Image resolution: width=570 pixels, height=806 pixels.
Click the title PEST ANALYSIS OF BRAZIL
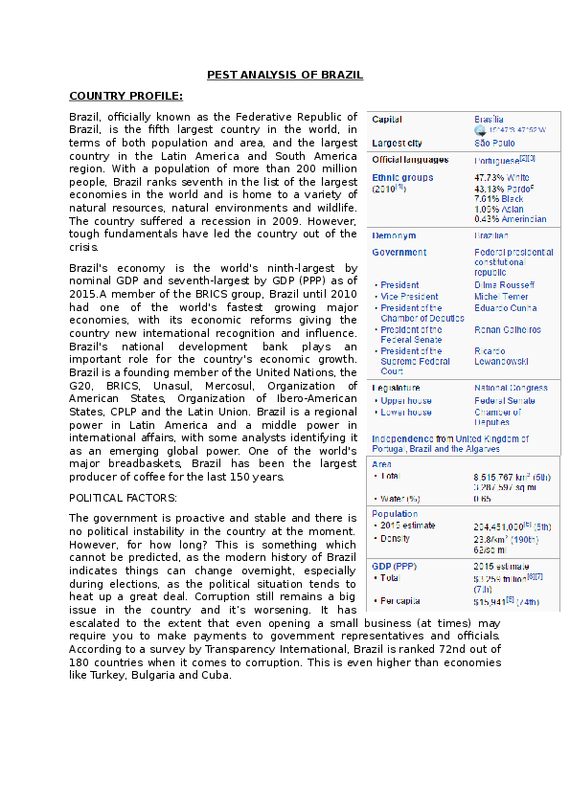coord(285,74)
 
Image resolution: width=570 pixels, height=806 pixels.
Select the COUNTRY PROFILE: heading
coord(125,96)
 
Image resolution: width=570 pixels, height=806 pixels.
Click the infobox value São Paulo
coord(496,144)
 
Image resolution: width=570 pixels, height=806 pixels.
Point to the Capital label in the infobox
coord(386,120)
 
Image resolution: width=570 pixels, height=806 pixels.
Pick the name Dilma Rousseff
coord(504,285)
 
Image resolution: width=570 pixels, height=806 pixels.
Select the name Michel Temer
coord(500,297)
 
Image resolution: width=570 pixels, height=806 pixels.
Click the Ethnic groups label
coord(402,177)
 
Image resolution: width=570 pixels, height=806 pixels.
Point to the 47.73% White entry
coord(502,178)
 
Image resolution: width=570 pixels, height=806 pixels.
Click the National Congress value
coord(511,388)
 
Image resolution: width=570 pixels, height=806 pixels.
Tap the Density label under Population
coord(397,538)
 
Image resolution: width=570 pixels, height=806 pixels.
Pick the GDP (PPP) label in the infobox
coord(394,566)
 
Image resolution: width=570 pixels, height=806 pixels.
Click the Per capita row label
coord(404,601)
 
